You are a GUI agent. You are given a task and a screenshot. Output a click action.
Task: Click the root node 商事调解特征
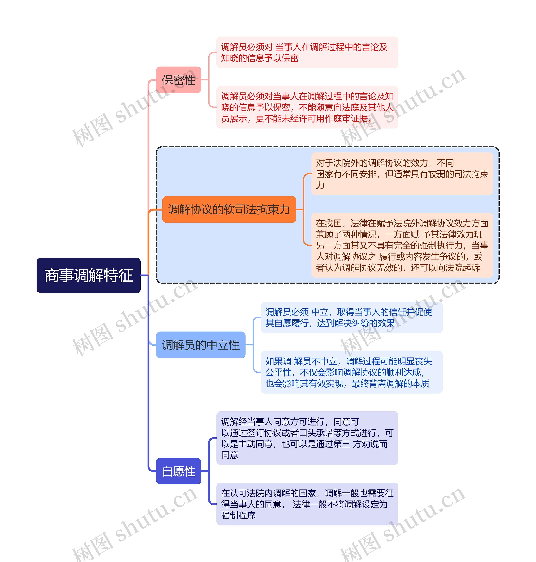pyautogui.click(x=89, y=275)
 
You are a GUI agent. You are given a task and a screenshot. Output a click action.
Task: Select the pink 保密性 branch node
pyautogui.click(x=179, y=80)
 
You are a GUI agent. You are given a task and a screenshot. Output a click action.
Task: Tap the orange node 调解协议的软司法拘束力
pyautogui.click(x=229, y=209)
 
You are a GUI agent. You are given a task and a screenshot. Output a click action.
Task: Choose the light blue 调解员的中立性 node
pyautogui.click(x=201, y=345)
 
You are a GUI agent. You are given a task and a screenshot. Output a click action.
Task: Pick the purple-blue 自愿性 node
pyautogui.click(x=179, y=471)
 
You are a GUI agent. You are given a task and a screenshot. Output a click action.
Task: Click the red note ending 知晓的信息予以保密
pyautogui.click(x=307, y=52)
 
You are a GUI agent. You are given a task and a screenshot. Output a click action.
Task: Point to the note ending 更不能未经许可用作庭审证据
pyautogui.click(x=307, y=107)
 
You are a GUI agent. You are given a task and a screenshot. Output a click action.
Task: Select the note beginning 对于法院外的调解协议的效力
pyautogui.click(x=402, y=174)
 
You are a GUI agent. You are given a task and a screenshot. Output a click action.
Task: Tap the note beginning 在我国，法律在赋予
pyautogui.click(x=402, y=245)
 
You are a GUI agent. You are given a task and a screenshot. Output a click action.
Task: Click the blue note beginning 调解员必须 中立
pyautogui.click(x=351, y=317)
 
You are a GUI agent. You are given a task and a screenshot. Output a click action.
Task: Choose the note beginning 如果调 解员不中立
pyautogui.click(x=351, y=372)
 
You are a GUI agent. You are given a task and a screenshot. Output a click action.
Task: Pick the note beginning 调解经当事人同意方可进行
pyautogui.click(x=307, y=438)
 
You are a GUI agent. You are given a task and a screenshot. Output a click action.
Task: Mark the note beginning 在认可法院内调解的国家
pyautogui.click(x=307, y=504)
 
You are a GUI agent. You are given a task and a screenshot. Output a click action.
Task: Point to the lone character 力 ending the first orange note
pyautogui.click(x=320, y=185)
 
